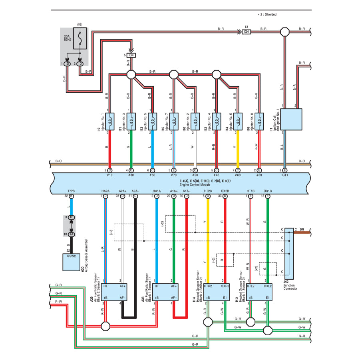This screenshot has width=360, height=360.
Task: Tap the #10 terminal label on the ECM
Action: pyautogui.click(x=109, y=175)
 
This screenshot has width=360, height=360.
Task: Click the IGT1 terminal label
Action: pyautogui.click(x=284, y=175)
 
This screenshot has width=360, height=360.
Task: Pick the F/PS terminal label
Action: pyautogui.click(x=72, y=191)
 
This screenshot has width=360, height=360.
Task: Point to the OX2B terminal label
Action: pyautogui.click(x=225, y=191)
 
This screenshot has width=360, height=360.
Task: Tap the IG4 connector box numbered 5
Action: pyautogui.click(x=131, y=55)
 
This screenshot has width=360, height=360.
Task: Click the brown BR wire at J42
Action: pyautogui.click(x=304, y=231)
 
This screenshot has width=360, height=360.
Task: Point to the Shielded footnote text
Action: pyautogui.click(x=267, y=14)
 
